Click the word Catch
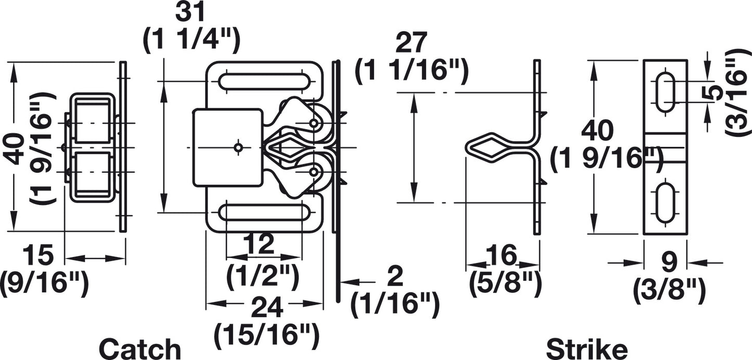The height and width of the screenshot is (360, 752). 141,349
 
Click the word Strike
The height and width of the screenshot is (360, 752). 587,349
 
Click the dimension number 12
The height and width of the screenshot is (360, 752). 260,245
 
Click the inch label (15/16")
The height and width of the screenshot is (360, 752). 267,336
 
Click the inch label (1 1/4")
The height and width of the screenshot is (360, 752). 192,40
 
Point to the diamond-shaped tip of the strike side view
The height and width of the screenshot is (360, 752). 489,148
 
